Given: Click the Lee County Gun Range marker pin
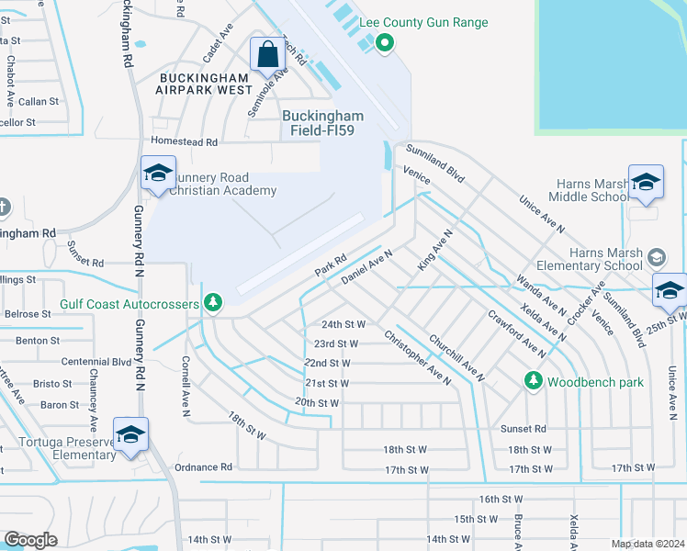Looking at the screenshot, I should coord(385,41).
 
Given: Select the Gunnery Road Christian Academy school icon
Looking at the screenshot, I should coord(158,173).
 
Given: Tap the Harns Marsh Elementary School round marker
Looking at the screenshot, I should coord(657,255).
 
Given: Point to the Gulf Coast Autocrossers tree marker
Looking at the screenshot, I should coord(213,302).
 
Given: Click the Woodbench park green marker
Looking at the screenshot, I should coord(532,379).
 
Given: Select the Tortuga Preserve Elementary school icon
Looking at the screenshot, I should coord(130,433).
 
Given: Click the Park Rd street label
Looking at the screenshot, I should coord(330,265).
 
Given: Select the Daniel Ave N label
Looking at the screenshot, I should coord(366,266).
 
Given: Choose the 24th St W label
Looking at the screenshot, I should coord(343,324).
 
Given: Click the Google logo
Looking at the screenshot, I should coord(31,539).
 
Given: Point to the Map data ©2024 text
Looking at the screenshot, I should coord(648,544).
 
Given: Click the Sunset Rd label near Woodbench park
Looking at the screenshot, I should coord(523,428).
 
